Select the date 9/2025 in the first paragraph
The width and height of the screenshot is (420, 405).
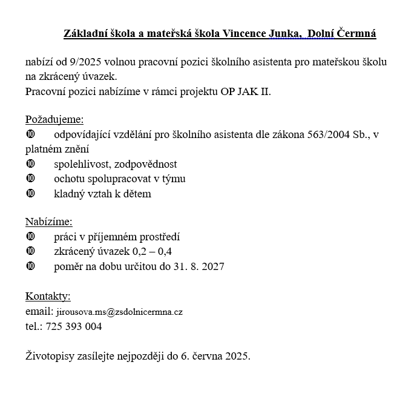coord(87,62)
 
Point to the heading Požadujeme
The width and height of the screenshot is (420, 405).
coord(54,119)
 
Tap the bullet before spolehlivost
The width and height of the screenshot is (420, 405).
coord(30,164)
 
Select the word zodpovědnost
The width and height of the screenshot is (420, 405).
coord(148,164)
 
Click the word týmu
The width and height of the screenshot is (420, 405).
coord(174,179)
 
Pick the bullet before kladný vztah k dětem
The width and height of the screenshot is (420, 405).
coord(30,194)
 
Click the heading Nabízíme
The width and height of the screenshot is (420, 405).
coord(48,222)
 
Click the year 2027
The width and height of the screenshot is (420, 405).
coord(212,266)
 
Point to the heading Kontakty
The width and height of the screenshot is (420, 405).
coord(48,296)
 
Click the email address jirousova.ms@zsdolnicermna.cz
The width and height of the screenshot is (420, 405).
coord(119,312)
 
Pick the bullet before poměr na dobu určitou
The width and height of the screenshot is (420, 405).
coord(30,266)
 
